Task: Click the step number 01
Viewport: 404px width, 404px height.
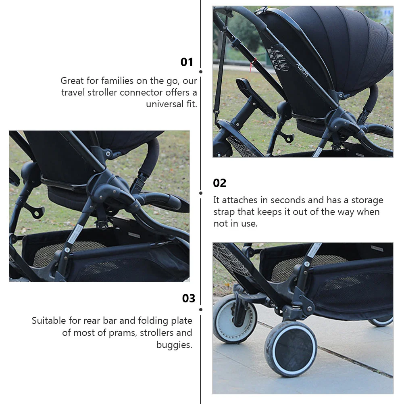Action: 187,62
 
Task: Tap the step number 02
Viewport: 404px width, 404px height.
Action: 219,183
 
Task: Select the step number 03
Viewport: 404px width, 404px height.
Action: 189,298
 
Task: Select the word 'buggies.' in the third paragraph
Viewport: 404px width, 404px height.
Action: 175,345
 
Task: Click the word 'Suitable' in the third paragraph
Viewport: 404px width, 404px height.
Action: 49,321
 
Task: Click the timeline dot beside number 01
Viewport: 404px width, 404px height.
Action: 201,72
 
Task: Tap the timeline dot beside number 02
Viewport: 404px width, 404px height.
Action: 201,193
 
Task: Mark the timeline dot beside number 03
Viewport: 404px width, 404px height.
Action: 201,309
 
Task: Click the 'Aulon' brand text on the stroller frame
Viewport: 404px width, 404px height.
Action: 302,69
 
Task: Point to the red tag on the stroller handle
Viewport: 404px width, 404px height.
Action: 253,65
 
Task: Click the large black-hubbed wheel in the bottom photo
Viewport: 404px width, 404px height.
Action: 291,349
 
